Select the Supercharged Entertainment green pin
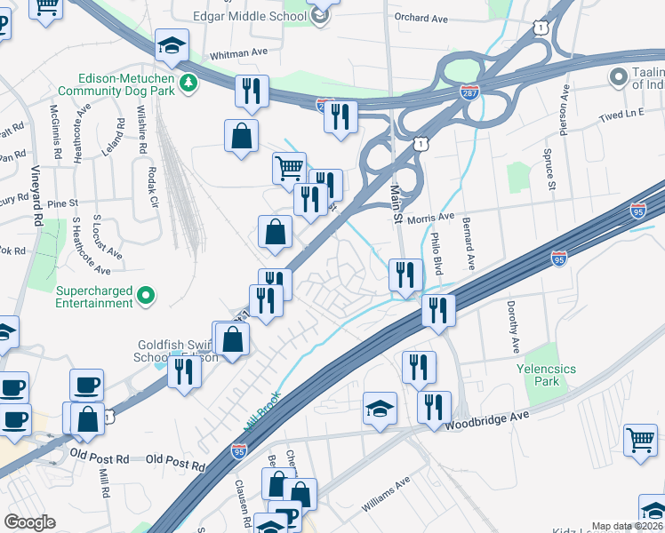tap(148, 296)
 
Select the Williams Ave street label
tap(385, 495)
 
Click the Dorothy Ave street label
tap(513, 328)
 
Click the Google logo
tap(30, 521)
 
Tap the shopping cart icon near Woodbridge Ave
tap(640, 439)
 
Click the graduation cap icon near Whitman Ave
tap(172, 44)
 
